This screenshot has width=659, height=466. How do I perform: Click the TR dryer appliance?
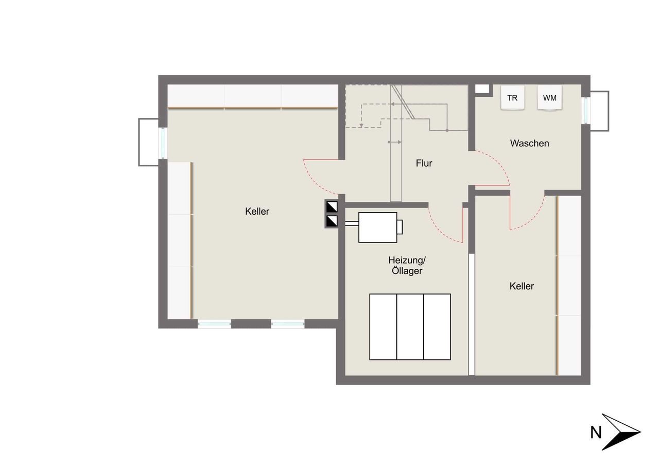pyautogui.click(x=512, y=98)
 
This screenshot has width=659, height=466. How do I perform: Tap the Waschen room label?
pyautogui.click(x=529, y=143)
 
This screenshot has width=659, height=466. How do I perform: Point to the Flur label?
pyautogui.click(x=424, y=163)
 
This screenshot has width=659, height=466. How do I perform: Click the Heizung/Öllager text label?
pyautogui.click(x=407, y=265)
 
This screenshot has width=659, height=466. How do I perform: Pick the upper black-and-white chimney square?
pyautogui.click(x=332, y=207)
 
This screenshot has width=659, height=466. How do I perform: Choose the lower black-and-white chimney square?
pyautogui.click(x=332, y=221)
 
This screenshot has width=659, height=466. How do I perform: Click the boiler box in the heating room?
pyautogui.click(x=378, y=228)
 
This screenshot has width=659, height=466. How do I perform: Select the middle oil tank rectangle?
pyautogui.click(x=410, y=326)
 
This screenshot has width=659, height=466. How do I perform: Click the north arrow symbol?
pyautogui.click(x=621, y=432)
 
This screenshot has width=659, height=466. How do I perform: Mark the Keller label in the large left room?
pyautogui.click(x=257, y=211)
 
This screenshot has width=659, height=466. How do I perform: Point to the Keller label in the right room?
pyautogui.click(x=522, y=286)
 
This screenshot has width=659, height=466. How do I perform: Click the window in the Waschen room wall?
pyautogui.click(x=585, y=111)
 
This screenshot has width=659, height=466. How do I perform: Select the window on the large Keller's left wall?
pyautogui.click(x=163, y=143)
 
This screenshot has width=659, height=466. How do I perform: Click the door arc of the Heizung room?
pyautogui.click(x=441, y=230)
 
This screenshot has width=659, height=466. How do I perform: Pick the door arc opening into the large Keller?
pyautogui.click(x=314, y=182)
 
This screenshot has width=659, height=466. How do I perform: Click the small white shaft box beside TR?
pyautogui.click(x=482, y=89)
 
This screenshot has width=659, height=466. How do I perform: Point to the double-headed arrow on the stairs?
pyautogui.click(x=394, y=142)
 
